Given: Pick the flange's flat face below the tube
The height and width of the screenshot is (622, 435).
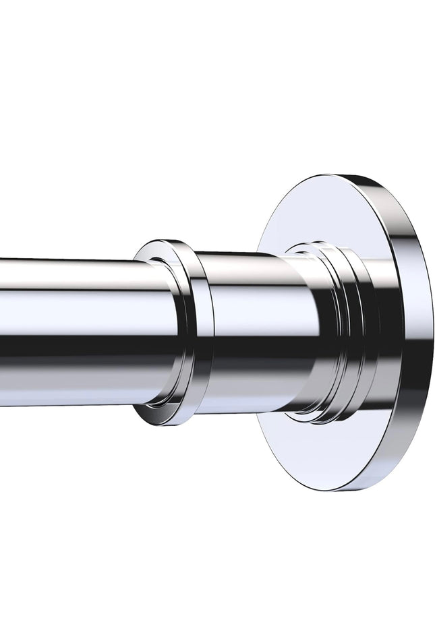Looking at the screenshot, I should click(x=317, y=452).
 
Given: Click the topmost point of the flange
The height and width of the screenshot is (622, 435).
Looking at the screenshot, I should click(x=337, y=177).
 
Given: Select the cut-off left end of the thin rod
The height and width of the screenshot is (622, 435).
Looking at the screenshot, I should click(x=3, y=330).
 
